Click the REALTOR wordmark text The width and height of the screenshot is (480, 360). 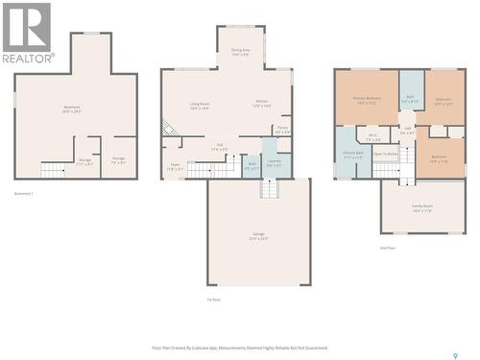click(27, 58)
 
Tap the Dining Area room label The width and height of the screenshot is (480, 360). click(240, 52)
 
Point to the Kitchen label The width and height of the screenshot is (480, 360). click(261, 103)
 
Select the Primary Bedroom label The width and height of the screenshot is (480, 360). click(366, 100)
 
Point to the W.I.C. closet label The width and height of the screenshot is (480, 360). click(373, 136)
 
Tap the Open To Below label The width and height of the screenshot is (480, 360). click(386, 154)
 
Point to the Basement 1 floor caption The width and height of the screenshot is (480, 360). click(24, 194)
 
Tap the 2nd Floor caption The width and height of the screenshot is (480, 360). click(388, 248)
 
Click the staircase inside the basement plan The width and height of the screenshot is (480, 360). click(55, 170)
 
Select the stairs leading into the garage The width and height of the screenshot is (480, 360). click(270, 188)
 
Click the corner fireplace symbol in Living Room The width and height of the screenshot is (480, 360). click(169, 128)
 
